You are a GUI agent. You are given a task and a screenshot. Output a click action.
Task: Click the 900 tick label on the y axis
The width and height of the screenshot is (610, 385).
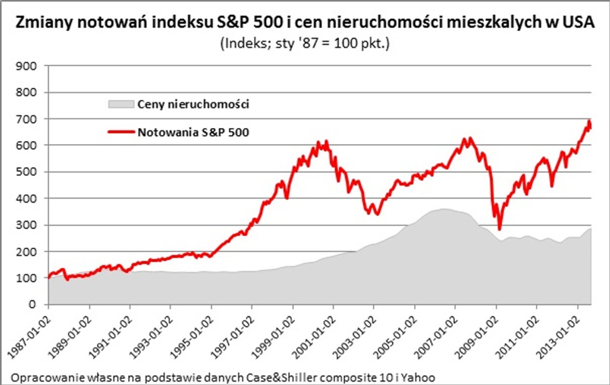pyautogui.click(x=26, y=66)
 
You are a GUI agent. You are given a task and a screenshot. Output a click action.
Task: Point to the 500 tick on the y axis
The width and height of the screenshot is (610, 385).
pyautogui.click(x=26, y=172)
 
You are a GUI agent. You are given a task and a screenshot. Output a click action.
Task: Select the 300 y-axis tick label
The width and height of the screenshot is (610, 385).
pyautogui.click(x=26, y=225)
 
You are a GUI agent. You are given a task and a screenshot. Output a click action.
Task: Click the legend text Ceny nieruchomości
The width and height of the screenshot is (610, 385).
pyautogui.click(x=193, y=104)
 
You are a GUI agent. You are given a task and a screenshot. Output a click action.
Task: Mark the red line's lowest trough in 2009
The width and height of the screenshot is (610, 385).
pyautogui.click(x=500, y=229)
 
